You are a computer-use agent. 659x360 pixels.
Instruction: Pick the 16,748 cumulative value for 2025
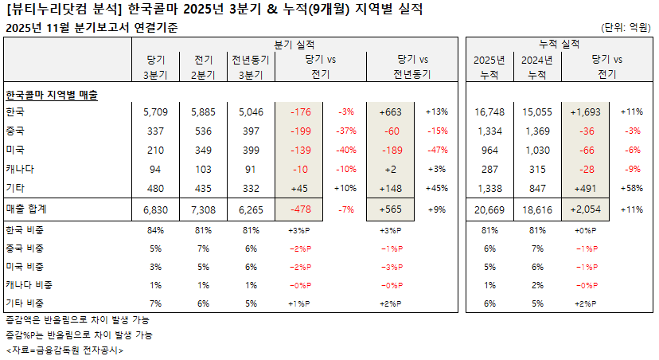pyautogui.click(x=489, y=112)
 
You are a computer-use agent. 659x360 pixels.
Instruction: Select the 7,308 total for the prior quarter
pyautogui.click(x=203, y=209)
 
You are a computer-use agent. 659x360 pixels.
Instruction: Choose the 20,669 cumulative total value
pyautogui.click(x=489, y=209)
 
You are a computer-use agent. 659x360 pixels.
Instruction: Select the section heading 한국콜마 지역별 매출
pyautogui.click(x=52, y=93)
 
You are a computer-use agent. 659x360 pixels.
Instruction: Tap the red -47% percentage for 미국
pyautogui.click(x=438, y=150)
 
